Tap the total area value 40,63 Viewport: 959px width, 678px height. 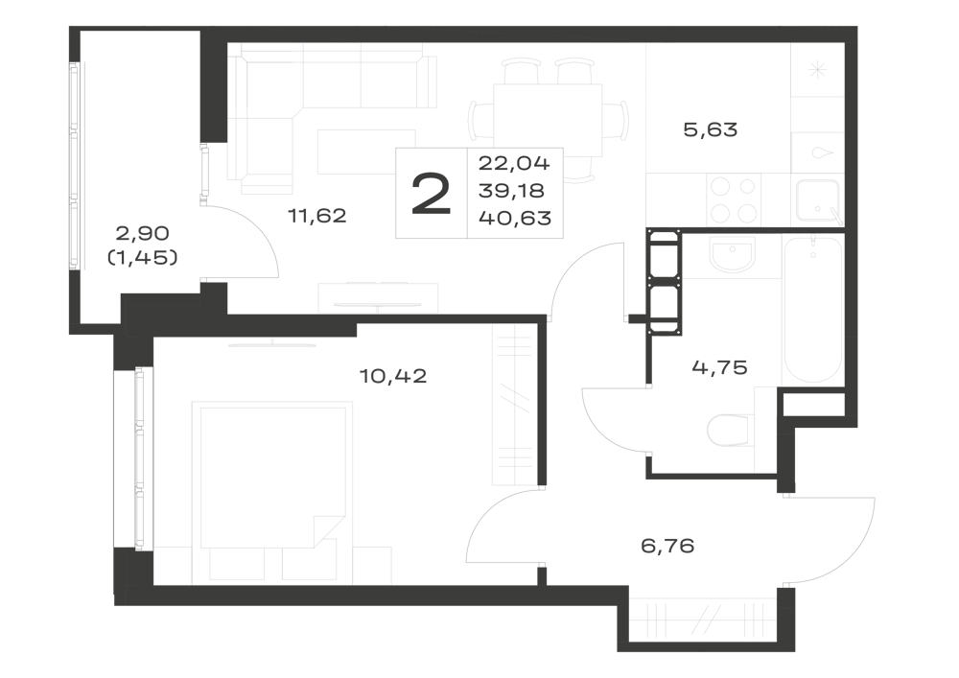(x=515, y=218)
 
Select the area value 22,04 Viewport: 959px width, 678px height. (x=514, y=163)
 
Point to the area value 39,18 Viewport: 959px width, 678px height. (x=511, y=191)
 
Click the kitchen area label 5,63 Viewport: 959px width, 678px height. (x=710, y=129)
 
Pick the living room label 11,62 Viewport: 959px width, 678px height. (x=317, y=215)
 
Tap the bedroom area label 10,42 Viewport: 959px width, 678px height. (x=392, y=375)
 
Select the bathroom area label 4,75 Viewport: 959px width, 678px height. (x=720, y=367)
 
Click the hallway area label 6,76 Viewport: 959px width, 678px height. (x=667, y=546)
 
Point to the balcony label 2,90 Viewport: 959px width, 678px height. (x=143, y=233)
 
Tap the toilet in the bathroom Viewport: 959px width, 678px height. (x=729, y=430)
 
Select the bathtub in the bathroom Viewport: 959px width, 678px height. (x=813, y=311)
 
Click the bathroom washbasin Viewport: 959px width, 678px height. (x=732, y=254)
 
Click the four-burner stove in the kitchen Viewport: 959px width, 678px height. (x=734, y=199)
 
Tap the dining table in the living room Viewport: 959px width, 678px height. (x=548, y=120)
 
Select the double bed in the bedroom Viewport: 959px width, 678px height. (x=272, y=475)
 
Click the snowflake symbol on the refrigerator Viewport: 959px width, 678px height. (x=817, y=70)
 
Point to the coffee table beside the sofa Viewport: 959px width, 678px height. (x=366, y=151)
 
